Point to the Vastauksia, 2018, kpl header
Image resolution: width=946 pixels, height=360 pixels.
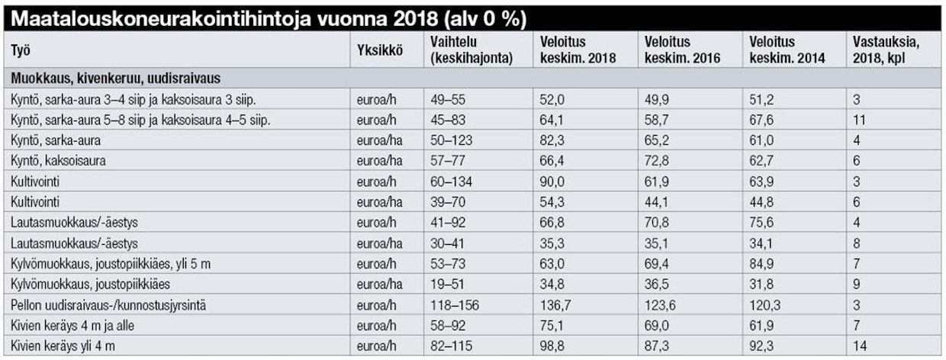coord(885,50)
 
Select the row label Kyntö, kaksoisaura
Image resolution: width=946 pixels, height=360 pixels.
coord(58,162)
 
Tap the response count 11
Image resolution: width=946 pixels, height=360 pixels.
coord(858,120)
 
